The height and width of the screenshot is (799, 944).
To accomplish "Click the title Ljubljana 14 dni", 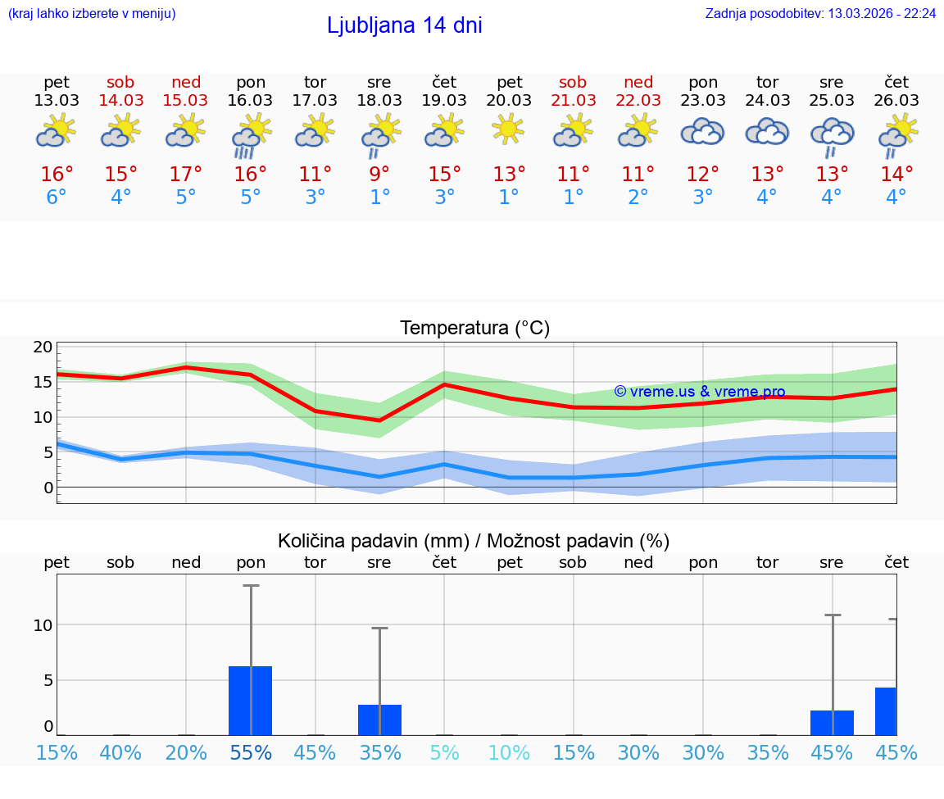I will [404, 25].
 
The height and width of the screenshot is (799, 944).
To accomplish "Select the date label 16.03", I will [250, 100].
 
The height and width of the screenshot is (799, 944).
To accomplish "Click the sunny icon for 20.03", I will [508, 129].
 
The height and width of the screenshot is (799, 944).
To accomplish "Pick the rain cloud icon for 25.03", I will [832, 136].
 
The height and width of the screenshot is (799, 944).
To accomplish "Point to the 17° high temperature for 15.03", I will [186, 175].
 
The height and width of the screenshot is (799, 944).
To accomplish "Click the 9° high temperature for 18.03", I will [379, 175].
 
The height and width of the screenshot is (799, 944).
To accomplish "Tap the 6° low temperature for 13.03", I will [57, 197].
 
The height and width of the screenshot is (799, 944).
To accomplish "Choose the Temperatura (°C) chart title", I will [474, 329].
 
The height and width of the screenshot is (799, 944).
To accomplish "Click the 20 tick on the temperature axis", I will [43, 347].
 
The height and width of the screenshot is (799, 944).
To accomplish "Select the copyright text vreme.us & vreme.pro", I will [699, 392].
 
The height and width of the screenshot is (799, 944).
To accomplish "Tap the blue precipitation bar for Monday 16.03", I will [250, 701].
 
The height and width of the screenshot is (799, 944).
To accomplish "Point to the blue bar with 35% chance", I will [379, 720].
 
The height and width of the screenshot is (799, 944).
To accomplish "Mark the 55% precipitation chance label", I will [251, 752].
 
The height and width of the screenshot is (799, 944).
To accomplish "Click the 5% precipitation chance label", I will [444, 752].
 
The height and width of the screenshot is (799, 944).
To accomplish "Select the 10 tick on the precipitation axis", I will [43, 625].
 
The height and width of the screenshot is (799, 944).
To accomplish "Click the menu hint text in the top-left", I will [92, 13].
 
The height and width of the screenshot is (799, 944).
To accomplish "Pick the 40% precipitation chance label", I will [120, 752].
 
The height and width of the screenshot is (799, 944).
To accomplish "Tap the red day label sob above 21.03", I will [573, 82].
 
